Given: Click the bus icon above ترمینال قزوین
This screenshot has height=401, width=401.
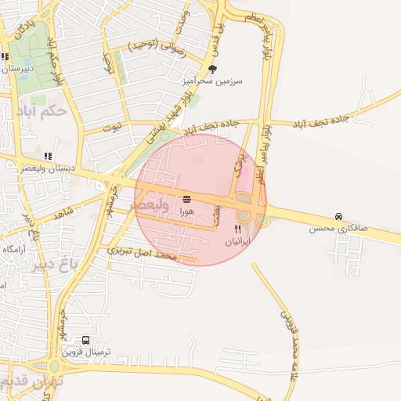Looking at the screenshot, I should click(85, 341).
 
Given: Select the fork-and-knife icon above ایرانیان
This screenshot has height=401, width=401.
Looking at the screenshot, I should click(237, 229).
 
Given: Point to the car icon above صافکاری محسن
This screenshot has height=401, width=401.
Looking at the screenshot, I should click(338, 216).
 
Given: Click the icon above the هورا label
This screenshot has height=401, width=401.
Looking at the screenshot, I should click(186, 199).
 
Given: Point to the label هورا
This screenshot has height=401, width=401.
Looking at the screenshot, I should click(186, 211).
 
